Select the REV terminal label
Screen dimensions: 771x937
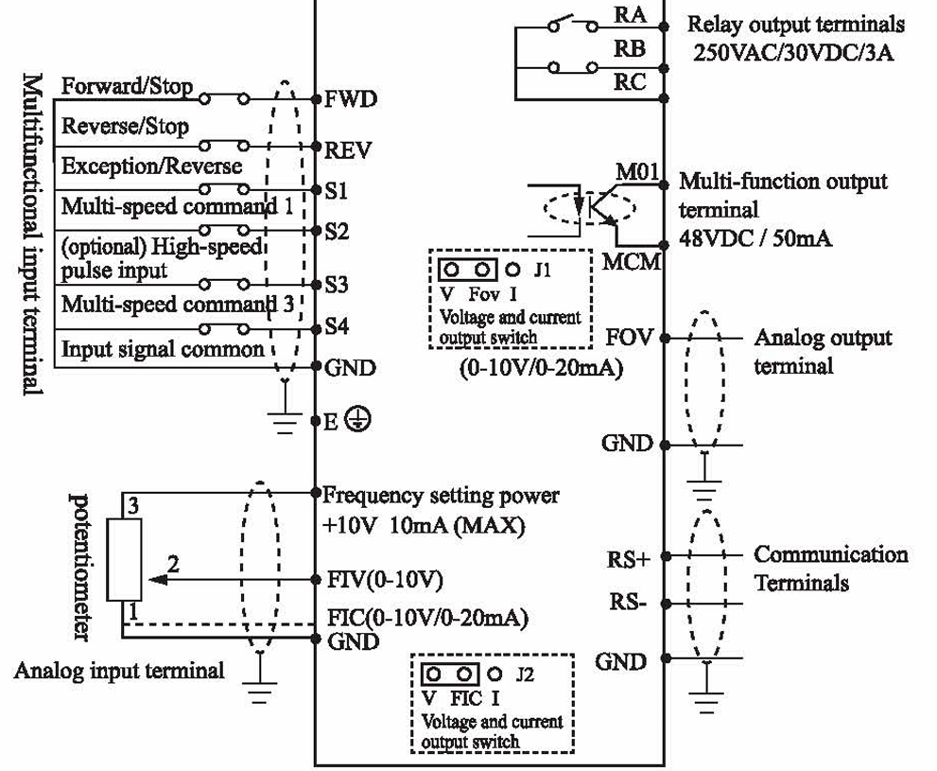[348, 149]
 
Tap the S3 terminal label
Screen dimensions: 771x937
[337, 284]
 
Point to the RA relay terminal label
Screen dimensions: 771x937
[631, 15]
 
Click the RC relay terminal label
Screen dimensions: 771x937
[631, 82]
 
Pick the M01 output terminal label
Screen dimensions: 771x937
[641, 173]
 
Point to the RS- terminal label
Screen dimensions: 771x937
[626, 603]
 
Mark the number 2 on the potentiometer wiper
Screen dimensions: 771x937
[173, 564]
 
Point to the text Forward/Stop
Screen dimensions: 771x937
[127, 86]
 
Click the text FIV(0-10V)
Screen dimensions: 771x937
[383, 578]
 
